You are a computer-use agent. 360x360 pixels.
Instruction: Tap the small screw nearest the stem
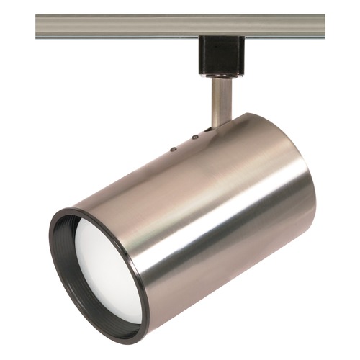pos(194,136)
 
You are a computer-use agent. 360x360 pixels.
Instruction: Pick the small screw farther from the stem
pos(172,150)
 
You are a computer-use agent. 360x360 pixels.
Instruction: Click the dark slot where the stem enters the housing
pos(210,129)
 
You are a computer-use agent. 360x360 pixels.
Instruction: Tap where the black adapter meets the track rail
pos(220,37)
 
